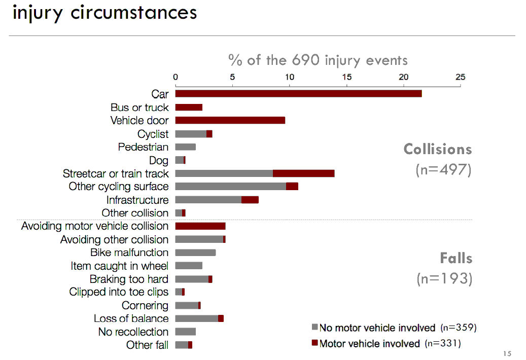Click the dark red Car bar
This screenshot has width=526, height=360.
(x=298, y=94)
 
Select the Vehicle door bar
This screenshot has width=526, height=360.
(x=230, y=121)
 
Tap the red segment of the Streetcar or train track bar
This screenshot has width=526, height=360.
(x=303, y=173)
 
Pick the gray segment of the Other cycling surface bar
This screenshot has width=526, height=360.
(x=231, y=187)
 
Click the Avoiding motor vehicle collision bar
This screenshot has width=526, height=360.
(x=200, y=226)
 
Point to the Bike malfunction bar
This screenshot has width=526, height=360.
(x=195, y=253)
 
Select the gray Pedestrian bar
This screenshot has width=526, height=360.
(x=185, y=147)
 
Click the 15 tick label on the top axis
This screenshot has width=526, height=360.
(x=346, y=78)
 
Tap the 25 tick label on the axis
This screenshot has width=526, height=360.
(x=460, y=78)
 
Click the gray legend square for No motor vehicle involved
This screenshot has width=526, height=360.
(x=314, y=328)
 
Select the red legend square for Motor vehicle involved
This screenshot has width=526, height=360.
(x=314, y=343)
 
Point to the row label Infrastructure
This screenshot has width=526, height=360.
(x=137, y=200)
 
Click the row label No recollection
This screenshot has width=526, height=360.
(x=133, y=332)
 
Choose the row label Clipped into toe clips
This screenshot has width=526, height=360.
(x=119, y=292)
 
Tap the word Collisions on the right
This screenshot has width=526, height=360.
(x=438, y=149)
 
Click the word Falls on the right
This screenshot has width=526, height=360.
(x=456, y=258)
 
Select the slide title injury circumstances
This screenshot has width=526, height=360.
(x=105, y=12)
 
